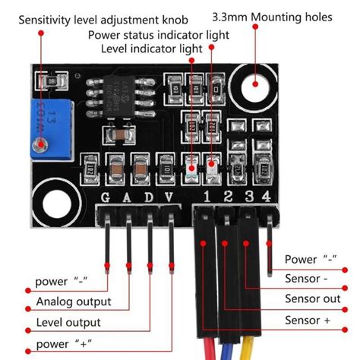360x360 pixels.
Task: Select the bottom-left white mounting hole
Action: pyautogui.click(x=55, y=203)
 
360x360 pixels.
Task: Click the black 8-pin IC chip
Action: pyautogui.click(x=124, y=93)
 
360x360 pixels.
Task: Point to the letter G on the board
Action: pyautogui.click(x=107, y=198)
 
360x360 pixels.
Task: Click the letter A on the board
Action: pyautogui.click(x=128, y=198)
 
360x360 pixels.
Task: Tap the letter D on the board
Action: pyautogui.click(x=149, y=198)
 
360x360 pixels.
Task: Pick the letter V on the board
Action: pyautogui.click(x=170, y=198)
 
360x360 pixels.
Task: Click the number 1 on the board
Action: pyautogui.click(x=205, y=198)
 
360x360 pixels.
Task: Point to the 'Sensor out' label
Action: pyautogui.click(x=312, y=298)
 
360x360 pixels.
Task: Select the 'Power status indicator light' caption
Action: pyautogui.click(x=158, y=35)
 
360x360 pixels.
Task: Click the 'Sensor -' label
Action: pyautogui.click(x=308, y=279)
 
